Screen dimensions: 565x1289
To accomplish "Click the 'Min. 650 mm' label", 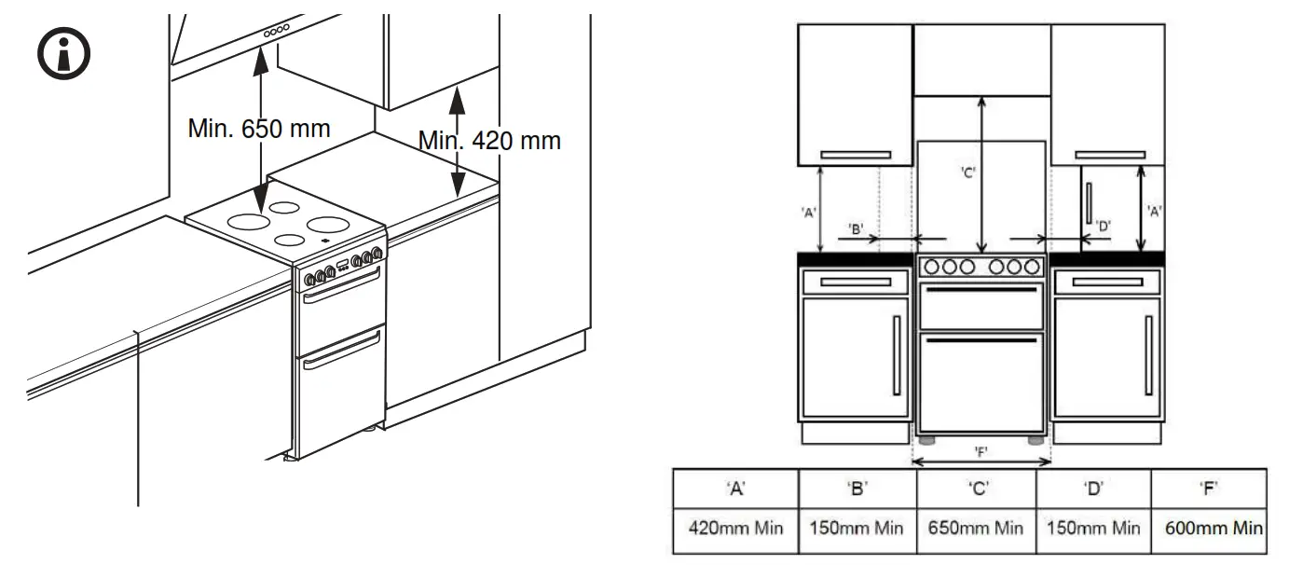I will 258,128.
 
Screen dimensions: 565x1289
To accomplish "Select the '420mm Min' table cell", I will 735,528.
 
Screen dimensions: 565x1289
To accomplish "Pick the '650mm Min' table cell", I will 976,528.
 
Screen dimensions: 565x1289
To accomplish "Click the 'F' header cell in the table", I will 1210,488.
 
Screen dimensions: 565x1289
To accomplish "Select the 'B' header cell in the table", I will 857,488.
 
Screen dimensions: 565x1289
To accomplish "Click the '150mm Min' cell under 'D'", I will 1093,528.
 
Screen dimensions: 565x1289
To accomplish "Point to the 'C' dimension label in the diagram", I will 967,172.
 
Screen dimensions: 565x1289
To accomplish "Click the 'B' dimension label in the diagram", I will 857,227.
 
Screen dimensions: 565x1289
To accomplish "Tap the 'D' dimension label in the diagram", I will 1104,225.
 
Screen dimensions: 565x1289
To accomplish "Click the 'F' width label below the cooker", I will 981,451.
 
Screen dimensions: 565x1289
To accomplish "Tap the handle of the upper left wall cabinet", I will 855,155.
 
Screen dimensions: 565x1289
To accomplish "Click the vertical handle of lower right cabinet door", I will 1147,354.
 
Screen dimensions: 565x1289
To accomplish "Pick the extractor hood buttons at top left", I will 276,32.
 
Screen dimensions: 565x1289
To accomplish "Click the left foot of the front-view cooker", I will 928,439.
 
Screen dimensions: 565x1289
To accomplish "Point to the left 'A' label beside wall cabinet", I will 809,212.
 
